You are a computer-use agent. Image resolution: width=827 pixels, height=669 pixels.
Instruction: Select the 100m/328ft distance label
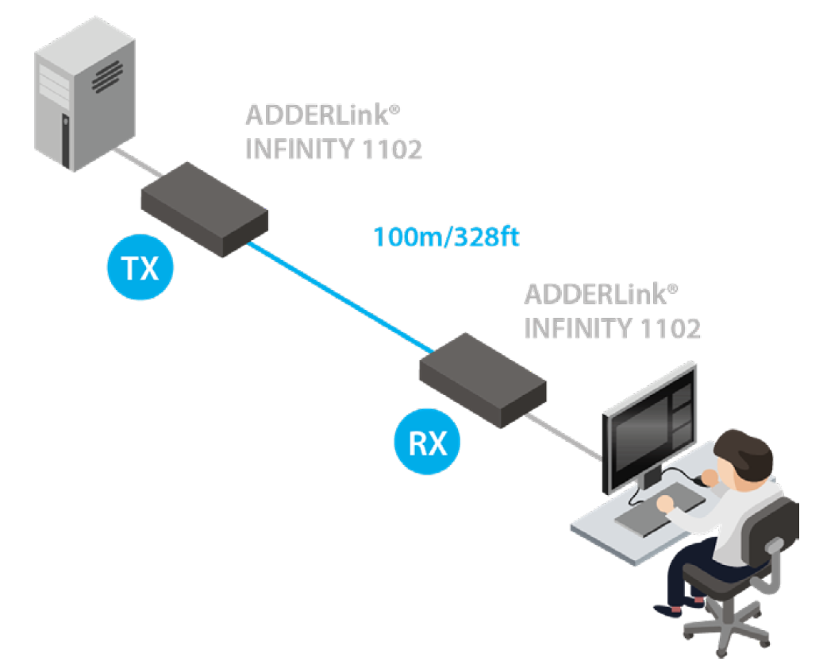[x=446, y=237]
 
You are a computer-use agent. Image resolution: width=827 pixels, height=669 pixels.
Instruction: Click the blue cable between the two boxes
[x=341, y=296]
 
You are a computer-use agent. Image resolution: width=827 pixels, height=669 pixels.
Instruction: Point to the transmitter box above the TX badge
[x=204, y=208]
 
